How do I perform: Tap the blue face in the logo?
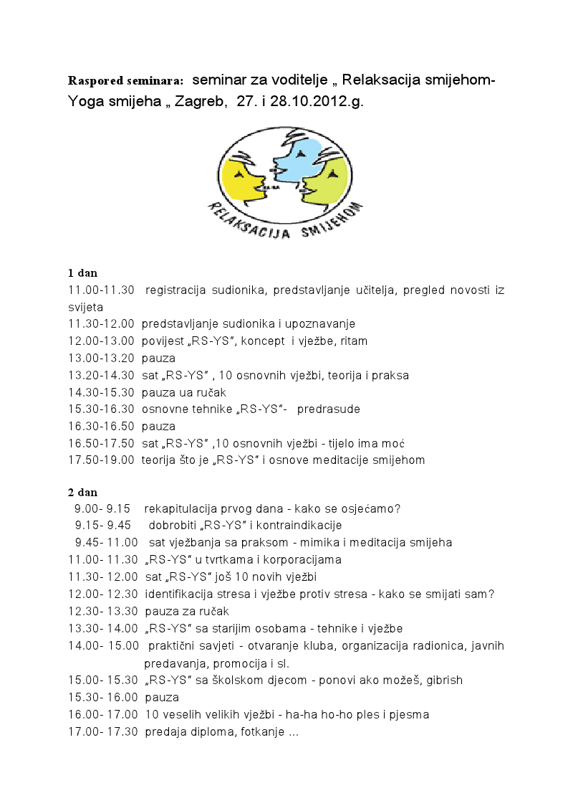[295, 161]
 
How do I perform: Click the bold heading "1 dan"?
[82, 272]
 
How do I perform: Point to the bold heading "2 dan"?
[82, 493]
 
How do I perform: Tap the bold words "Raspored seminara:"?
[125, 79]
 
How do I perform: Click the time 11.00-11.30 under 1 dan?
[101, 290]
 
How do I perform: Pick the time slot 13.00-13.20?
[101, 358]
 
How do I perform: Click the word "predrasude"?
[329, 409]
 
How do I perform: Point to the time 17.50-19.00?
[101, 460]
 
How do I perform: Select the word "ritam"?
[352, 341]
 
